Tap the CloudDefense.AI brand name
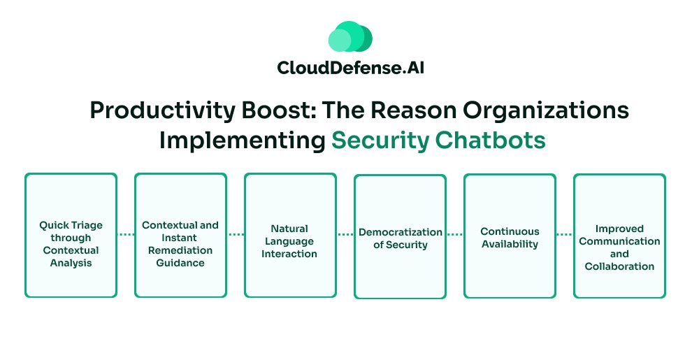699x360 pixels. pos(349,69)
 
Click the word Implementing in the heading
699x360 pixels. pos(242,140)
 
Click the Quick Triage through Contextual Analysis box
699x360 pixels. pos(71,235)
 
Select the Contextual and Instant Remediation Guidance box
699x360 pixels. pos(180,235)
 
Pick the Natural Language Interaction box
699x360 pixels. pos(290,235)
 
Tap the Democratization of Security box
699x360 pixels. pos(400,236)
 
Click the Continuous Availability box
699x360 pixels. pos(510,235)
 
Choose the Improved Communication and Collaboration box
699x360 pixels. pos(619,235)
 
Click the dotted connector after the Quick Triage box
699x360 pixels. pos(126,235)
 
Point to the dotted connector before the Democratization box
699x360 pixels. pos(345,235)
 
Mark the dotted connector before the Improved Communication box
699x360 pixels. pos(565,235)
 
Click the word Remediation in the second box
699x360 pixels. pos(180,250)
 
